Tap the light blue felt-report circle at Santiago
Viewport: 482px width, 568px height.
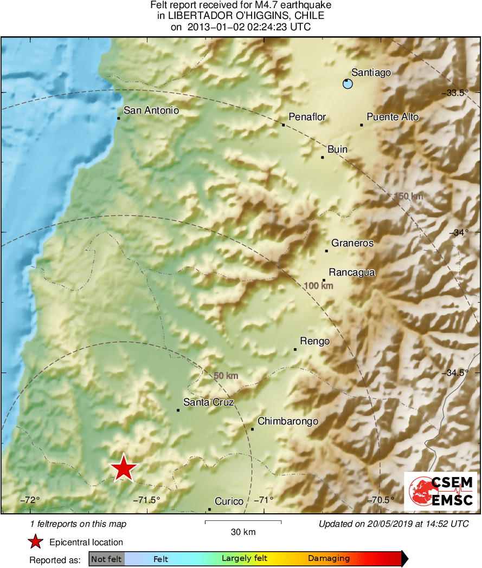348,83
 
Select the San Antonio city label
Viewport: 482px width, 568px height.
151,110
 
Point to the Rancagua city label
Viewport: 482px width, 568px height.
352,272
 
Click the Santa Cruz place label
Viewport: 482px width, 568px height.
208,402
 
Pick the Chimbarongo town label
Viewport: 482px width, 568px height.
287,421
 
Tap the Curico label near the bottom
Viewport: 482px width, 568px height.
229,501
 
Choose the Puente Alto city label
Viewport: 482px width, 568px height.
393,117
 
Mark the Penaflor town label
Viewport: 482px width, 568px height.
307,117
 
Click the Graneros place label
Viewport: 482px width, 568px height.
352,243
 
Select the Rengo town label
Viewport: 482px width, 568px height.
315,341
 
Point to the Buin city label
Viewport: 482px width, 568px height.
338,149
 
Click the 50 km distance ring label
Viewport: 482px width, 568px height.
226,376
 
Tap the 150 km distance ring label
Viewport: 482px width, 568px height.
408,196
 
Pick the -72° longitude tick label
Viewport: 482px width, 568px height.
30,500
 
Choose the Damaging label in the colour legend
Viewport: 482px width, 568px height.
329,558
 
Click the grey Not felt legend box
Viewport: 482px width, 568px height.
106,558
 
